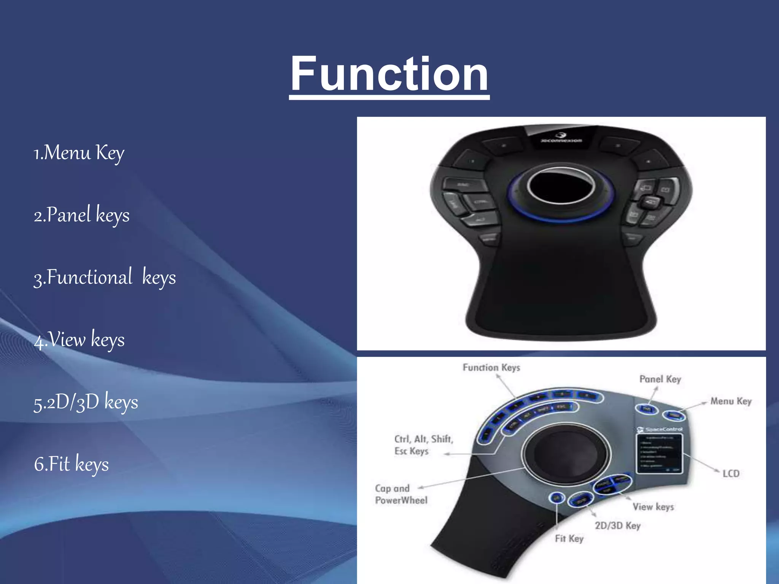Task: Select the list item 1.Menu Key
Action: click(79, 153)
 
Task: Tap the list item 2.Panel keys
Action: click(81, 215)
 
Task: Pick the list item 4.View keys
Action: click(79, 340)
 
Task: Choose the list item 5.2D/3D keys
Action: click(86, 402)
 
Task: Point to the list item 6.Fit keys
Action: click(71, 464)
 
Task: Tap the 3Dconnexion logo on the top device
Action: click(561, 138)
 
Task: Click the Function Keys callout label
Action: click(491, 368)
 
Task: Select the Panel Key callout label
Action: click(660, 379)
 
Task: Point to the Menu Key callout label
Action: click(731, 401)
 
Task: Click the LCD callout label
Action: click(731, 473)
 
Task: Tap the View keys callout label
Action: click(653, 507)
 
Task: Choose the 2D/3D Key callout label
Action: click(618, 525)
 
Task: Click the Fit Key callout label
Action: click(569, 538)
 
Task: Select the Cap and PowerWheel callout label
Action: click(401, 494)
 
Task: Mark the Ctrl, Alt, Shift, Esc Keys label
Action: click(423, 445)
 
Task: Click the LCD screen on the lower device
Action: click(660, 453)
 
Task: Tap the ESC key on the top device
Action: click(464, 185)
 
